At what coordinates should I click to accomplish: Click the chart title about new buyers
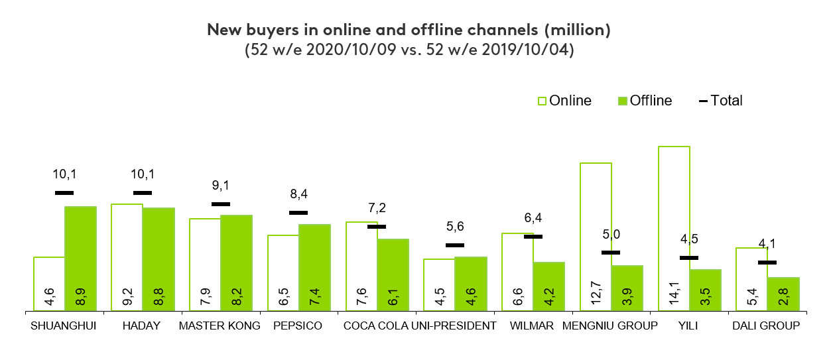(409, 30)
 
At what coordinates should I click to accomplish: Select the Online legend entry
(564, 101)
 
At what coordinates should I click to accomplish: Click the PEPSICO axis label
(298, 326)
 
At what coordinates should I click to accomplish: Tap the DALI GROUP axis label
(765, 326)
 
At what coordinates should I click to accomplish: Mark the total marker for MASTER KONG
(221, 204)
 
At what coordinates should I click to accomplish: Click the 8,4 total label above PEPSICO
(298, 194)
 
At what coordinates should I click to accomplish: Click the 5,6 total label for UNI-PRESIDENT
(455, 227)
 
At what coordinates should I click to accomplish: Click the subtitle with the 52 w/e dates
(409, 50)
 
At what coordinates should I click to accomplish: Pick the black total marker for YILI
(689, 258)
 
